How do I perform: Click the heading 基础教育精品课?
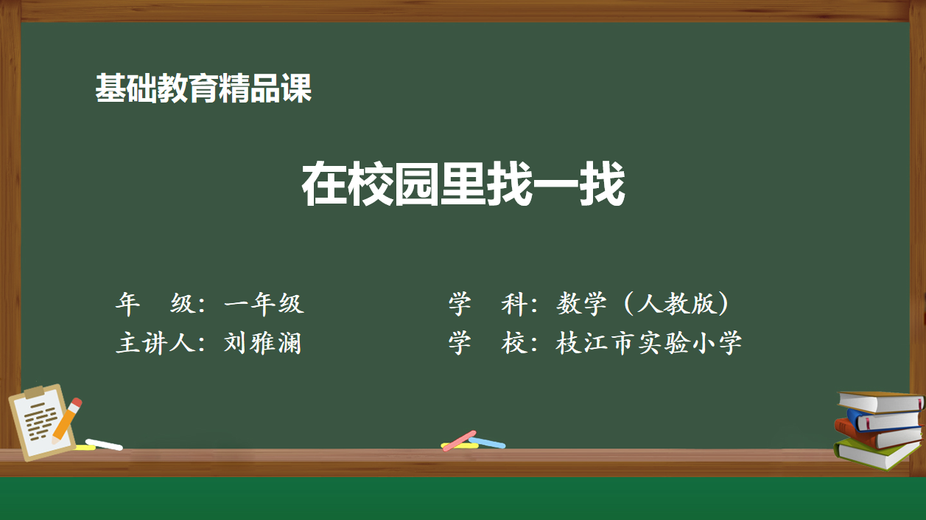(203, 88)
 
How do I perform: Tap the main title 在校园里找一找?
(463, 184)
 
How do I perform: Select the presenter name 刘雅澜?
(262, 343)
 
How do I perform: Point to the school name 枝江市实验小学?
(648, 343)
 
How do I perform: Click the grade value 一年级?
(264, 303)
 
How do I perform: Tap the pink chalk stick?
(459, 440)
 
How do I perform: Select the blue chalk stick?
(487, 443)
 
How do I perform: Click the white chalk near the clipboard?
(104, 445)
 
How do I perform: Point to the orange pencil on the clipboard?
(66, 420)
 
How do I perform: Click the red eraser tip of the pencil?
(77, 402)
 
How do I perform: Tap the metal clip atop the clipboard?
(34, 391)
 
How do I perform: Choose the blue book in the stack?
(885, 420)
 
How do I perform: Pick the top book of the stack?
(880, 402)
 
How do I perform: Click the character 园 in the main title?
(416, 184)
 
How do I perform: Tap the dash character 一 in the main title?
(555, 184)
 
